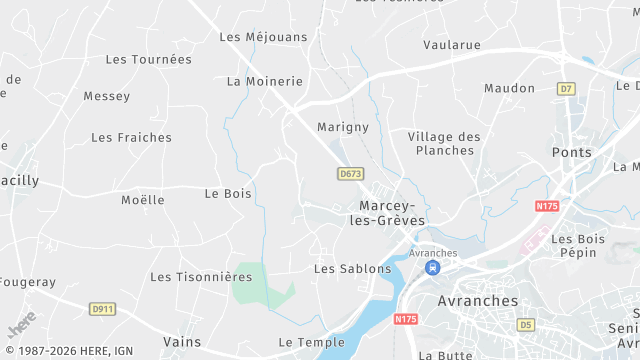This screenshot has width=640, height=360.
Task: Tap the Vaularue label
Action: pyautogui.click(x=451, y=45)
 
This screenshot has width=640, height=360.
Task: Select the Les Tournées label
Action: pyautogui.click(x=148, y=60)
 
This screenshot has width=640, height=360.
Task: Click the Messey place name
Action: pyautogui.click(x=106, y=97)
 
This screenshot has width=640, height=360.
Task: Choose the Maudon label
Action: pyautogui.click(x=509, y=89)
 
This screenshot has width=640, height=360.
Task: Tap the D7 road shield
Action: pyautogui.click(x=567, y=89)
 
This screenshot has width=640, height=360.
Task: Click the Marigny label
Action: pyautogui.click(x=343, y=128)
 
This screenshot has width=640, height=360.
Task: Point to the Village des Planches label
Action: pyautogui.click(x=444, y=143)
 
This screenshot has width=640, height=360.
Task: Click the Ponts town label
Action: pyautogui.click(x=571, y=152)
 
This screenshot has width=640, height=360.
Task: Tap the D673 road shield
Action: pyautogui.click(x=349, y=173)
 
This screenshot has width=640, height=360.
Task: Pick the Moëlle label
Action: pyautogui.click(x=142, y=200)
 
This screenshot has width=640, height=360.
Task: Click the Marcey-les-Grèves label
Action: pyautogui.click(x=391, y=213)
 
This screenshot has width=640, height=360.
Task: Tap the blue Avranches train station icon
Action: pyautogui.click(x=432, y=268)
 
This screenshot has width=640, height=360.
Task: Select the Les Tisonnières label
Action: pyautogui.click(x=201, y=277)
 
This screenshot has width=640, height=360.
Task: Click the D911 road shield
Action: pyautogui.click(x=102, y=309)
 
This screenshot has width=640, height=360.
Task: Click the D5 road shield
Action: pyautogui.click(x=526, y=325)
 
